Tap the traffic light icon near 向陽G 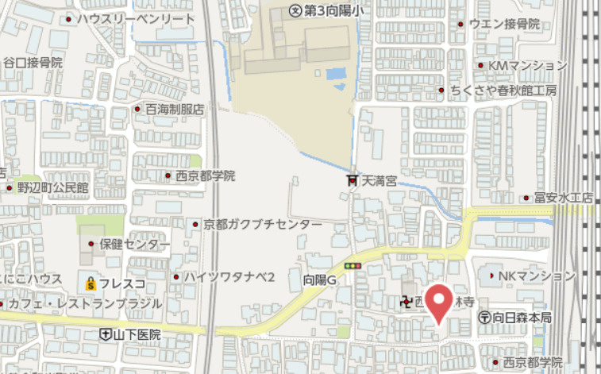353,265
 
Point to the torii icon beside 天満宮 353,181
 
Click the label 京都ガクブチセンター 263,225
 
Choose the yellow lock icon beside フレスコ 91,282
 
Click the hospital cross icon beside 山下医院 106,334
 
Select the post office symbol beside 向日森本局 484,318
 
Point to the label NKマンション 536,276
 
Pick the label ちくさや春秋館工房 514,90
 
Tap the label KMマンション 527,64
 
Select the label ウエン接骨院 504,24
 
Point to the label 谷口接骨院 33,61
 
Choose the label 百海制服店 175,108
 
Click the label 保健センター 134,244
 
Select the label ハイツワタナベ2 229,276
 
